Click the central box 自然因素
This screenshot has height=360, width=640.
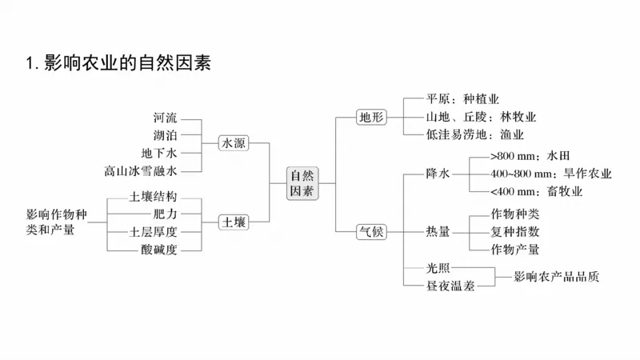coord(302,183)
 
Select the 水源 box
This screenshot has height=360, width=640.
coord(234,143)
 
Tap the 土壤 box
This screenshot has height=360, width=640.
coord(234,222)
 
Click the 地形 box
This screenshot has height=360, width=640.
coord(370,118)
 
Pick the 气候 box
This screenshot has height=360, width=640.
coord(370,232)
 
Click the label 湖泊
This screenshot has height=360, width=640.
coord(166,136)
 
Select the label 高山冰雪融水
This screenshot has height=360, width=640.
coord(140,170)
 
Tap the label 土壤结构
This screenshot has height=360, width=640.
coord(153,197)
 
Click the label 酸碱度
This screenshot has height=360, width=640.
coord(158,250)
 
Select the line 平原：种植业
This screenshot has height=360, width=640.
coord(462,100)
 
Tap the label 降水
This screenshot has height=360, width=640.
coord(438,174)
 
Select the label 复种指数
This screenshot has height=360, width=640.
coord(515,232)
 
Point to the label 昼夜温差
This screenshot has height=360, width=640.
coord(450,286)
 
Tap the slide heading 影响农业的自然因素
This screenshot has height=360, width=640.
coord(118,62)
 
